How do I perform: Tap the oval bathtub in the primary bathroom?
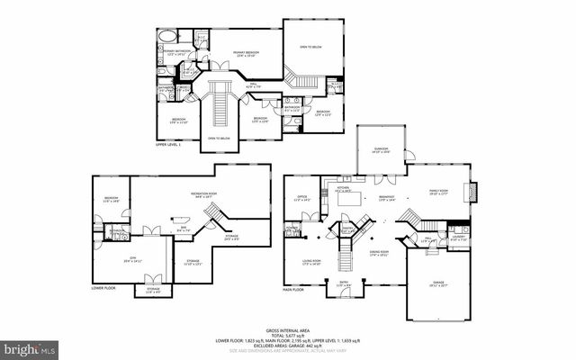[167, 38]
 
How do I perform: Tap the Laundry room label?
[458, 238]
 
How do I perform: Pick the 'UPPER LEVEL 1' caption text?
[168, 144]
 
